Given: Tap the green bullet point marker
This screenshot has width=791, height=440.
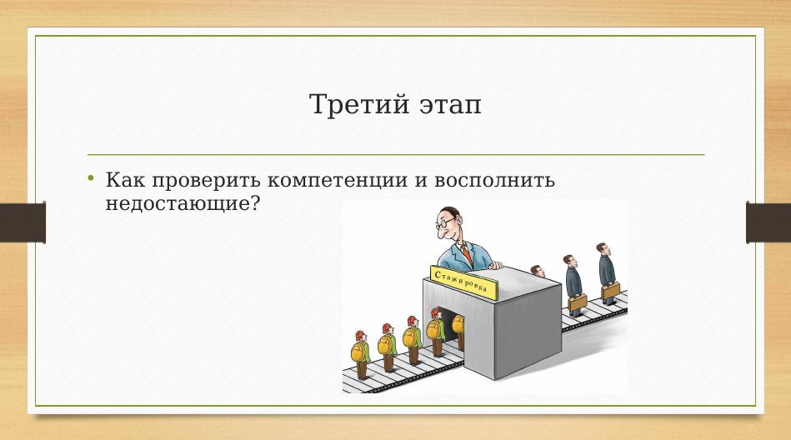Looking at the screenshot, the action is click(91, 177).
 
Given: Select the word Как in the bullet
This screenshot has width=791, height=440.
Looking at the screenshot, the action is click(124, 180).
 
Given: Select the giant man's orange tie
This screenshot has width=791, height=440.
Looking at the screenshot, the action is click(467, 254).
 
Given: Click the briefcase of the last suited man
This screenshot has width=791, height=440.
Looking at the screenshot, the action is click(610, 291).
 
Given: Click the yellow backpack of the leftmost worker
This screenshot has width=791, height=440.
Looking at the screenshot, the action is click(358, 352).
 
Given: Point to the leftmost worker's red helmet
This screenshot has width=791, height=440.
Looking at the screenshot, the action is click(360, 335).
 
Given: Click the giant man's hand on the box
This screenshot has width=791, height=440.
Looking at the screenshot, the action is click(496, 264).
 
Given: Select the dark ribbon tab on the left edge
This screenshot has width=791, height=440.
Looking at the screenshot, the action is click(23, 222).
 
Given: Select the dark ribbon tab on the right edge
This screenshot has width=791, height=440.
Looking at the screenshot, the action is click(768, 222).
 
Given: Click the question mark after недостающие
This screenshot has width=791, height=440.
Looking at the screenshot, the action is click(255, 204).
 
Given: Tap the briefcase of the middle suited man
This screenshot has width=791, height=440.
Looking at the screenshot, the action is click(577, 302).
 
